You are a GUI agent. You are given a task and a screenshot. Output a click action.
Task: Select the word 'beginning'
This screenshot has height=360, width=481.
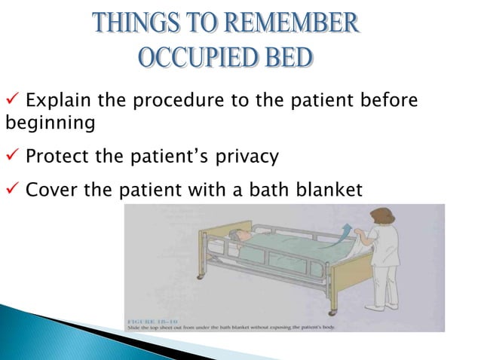tap(50, 122)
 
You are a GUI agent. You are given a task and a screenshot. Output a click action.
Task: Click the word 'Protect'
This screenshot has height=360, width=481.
tap(54, 157)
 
